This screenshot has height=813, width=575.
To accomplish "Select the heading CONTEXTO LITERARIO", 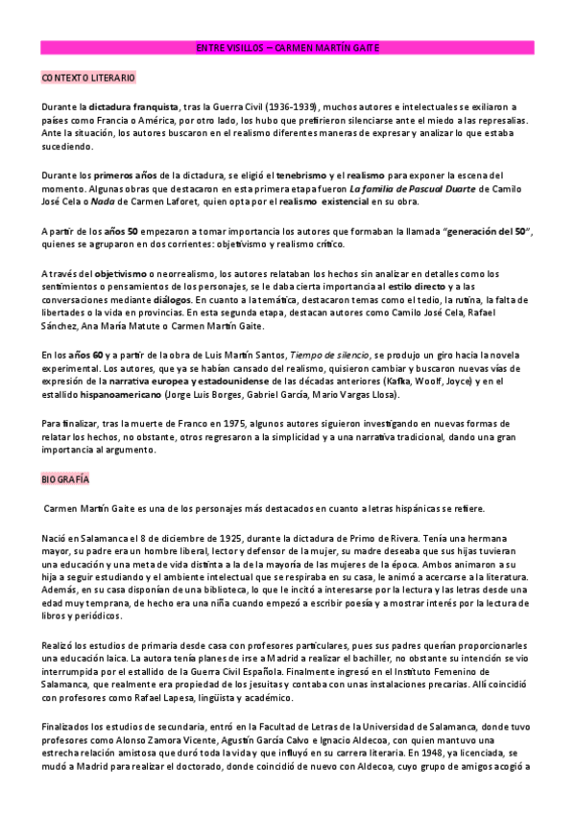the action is [88, 76].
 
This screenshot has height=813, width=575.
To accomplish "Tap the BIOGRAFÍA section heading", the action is [64, 477].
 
